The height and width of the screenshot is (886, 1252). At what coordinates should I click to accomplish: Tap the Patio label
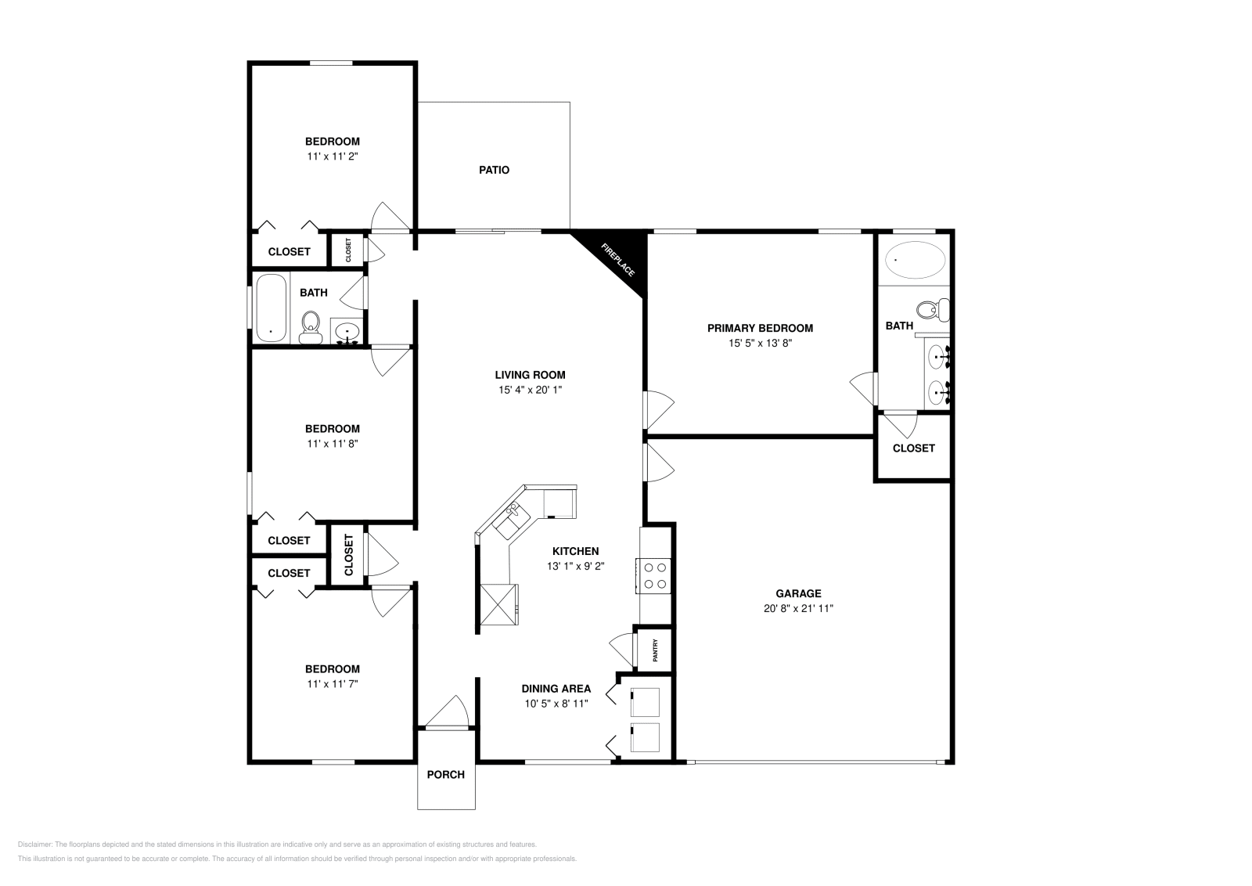(494, 170)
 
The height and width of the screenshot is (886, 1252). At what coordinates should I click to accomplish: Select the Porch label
(446, 775)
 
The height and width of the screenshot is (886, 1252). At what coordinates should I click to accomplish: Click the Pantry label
(655, 650)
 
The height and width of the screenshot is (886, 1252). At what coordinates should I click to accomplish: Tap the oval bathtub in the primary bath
(914, 260)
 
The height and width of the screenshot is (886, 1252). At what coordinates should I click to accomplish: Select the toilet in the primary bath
(931, 309)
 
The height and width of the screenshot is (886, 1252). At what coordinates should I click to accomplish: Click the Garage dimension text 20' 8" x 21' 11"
(798, 608)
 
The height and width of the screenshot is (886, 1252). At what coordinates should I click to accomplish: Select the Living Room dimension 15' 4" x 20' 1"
(530, 390)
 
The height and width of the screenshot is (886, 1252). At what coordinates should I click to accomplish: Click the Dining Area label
(556, 689)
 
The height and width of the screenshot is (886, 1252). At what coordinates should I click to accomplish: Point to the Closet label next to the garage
(913, 448)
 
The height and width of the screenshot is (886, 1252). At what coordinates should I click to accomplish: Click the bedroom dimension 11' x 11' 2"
(333, 157)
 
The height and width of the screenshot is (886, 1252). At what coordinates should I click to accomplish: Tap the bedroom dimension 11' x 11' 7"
(333, 684)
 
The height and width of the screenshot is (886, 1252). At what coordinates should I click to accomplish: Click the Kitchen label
(575, 551)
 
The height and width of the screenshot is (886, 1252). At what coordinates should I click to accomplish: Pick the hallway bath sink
(347, 332)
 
